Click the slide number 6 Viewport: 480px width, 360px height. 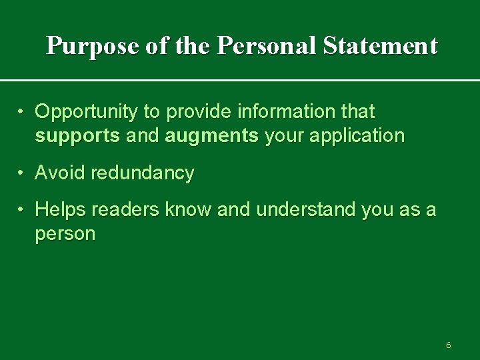tap(448, 345)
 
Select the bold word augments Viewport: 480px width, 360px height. tap(211, 137)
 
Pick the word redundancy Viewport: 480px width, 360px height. tap(143, 173)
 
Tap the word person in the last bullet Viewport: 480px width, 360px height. tap(65, 235)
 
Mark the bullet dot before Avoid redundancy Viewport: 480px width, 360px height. tap(22, 173)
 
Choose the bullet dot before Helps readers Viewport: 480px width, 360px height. tap(22, 209)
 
